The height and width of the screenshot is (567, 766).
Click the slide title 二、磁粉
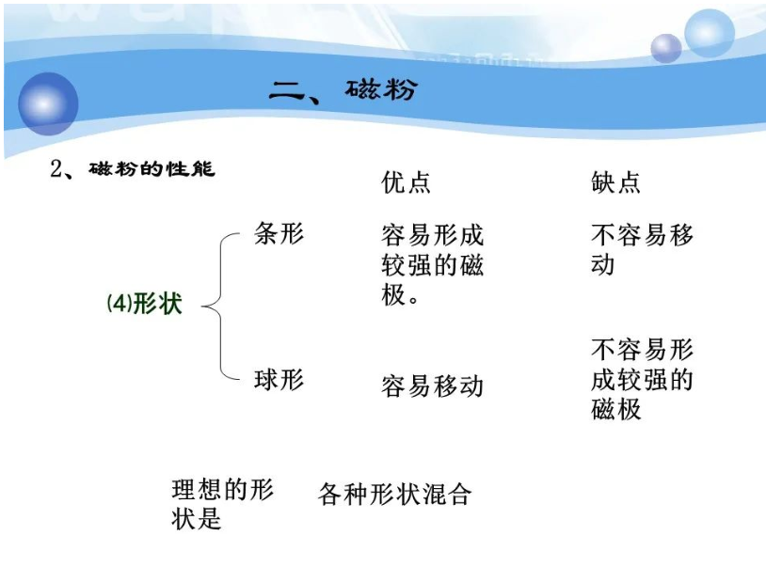342,90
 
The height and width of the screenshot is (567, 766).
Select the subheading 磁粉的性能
152,169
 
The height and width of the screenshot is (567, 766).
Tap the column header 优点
406,181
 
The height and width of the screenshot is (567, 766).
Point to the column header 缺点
615,181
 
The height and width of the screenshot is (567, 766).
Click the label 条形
279,233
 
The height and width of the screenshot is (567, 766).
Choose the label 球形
279,380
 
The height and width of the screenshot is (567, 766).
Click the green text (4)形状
144,305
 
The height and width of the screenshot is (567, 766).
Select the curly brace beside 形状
218,307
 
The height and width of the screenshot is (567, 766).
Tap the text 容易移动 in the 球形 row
432,386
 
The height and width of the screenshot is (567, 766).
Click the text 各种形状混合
394,494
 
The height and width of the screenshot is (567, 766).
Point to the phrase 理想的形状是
222,504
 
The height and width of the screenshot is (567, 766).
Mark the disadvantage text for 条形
641,249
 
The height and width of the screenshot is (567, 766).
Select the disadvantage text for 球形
641,380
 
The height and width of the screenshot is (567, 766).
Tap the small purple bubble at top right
666,48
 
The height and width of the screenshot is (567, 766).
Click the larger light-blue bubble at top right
709,33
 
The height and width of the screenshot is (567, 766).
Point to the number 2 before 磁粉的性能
56,170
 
